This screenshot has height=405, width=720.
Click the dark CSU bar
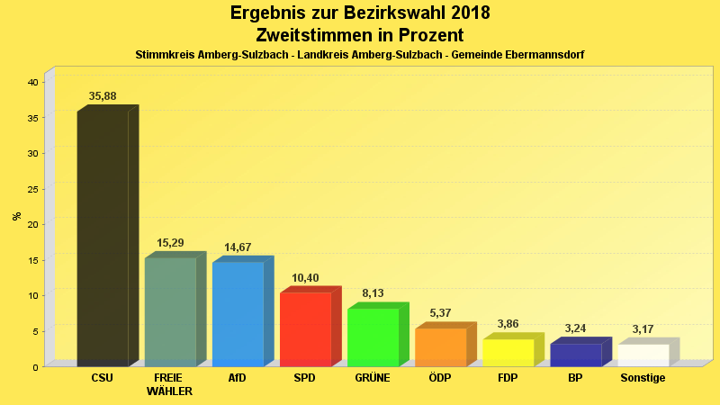pos(103,238)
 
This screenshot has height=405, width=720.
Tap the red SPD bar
pos(305,328)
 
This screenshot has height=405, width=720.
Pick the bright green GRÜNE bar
pos(373,337)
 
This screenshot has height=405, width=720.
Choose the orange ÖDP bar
pos(440,346)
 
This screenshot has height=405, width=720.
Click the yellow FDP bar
pos(508,352)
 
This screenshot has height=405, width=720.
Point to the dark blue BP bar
pos(575,355)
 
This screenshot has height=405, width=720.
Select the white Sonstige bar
pos(643,355)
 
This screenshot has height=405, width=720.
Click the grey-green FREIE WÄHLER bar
pos(170,311)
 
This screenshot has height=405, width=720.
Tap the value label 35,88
pos(103,96)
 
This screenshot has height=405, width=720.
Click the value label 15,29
pos(170,243)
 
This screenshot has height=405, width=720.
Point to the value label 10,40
pos(305,278)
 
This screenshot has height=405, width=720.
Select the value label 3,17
pos(643,329)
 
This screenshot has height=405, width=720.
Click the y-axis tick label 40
pos(32,82)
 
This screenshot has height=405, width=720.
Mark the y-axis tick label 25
pos(32,189)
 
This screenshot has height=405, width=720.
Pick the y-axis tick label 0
pos(35,366)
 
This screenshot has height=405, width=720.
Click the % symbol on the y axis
pos(16,216)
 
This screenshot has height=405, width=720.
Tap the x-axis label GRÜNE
pos(373,378)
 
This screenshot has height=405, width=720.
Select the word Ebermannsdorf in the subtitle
pos(546,55)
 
